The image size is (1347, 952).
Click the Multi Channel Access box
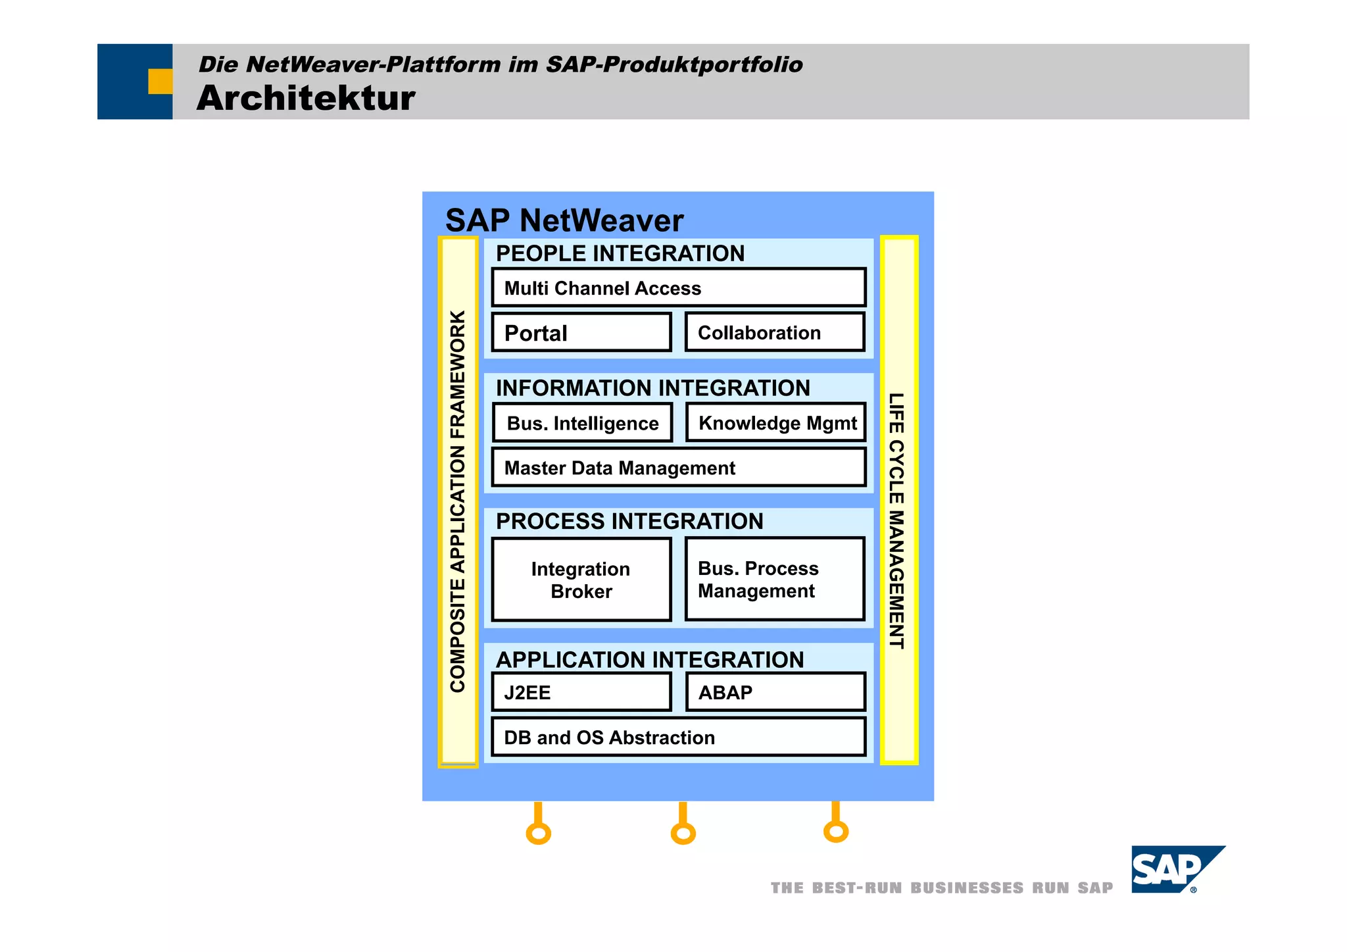678,288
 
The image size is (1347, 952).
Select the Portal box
581,332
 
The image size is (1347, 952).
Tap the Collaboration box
775,332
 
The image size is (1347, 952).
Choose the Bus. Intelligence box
582,423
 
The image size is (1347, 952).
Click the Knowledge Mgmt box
776,422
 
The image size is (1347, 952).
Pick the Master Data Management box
678,468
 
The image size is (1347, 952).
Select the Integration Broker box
581,580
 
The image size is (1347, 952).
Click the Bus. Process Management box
775,579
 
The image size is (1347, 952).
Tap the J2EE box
581,692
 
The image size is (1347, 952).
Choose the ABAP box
775,692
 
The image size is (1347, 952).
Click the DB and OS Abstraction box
678,737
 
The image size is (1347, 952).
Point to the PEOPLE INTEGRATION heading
620,253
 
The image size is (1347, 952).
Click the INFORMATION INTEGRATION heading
652,388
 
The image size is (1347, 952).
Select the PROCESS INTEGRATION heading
629,521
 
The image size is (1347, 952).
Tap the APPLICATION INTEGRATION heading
650,659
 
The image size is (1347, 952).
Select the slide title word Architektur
306,98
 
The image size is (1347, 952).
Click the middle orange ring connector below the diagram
683,834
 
